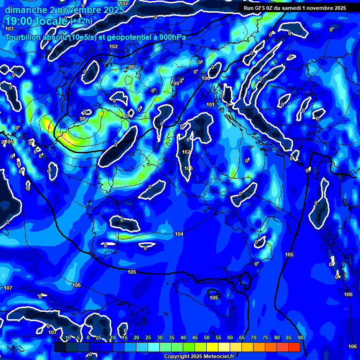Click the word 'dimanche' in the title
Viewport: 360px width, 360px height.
click(22, 10)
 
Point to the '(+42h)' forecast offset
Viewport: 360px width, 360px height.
click(81, 21)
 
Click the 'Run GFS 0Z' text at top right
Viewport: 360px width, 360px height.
click(260, 7)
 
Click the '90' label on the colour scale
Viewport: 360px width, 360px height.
click(300, 337)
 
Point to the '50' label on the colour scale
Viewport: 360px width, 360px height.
click(206, 337)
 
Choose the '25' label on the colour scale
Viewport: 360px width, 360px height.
click(148, 337)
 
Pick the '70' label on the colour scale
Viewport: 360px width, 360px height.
click(254, 337)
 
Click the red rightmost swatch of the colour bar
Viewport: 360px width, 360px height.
click(294, 347)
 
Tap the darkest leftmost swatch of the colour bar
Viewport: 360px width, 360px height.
click(60, 347)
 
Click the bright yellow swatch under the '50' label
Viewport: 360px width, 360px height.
click(212, 347)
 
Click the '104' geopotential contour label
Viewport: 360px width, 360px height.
click(179, 234)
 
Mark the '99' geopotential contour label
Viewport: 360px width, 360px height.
click(176, 83)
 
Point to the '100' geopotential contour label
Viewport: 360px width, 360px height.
click(206, 78)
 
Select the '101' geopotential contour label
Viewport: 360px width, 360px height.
click(210, 105)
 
